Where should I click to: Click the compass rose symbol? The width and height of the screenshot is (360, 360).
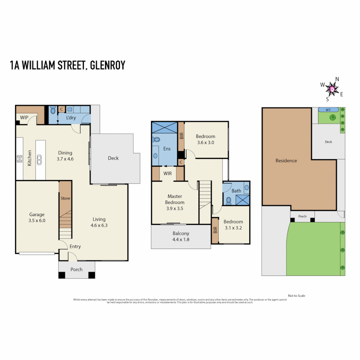[x=332, y=89]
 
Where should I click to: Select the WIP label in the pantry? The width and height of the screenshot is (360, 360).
[x=24, y=118]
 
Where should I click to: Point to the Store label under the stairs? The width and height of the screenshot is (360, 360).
[x=65, y=198]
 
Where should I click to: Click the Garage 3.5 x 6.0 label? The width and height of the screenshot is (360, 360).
[x=37, y=217]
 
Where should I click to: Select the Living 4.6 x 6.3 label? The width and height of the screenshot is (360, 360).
[x=99, y=222]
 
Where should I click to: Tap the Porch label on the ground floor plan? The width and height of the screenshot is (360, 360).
[x=76, y=269]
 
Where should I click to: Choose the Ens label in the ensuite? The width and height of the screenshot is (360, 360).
[x=167, y=149]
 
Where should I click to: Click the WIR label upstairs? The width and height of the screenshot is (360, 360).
[x=167, y=173]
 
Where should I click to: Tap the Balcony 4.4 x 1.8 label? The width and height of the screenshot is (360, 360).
[x=181, y=236]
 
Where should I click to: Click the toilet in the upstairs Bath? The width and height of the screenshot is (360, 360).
[x=229, y=200]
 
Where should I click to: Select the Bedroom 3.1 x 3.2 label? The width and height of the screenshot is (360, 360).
[x=233, y=224]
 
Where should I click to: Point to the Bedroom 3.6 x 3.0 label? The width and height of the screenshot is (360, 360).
[x=205, y=139]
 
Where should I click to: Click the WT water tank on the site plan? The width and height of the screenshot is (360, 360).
[x=328, y=109]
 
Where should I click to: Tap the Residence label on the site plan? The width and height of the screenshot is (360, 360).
[x=286, y=161]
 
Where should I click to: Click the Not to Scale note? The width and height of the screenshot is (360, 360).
[x=296, y=296]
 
